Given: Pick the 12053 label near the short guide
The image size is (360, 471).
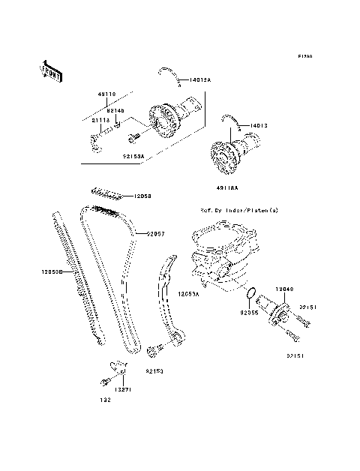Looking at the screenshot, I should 142,196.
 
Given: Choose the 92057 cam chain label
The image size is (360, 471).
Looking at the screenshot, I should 155,233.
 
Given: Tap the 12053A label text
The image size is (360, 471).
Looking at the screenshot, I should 188,295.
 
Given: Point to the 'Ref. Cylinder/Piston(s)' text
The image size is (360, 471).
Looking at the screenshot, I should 238,211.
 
